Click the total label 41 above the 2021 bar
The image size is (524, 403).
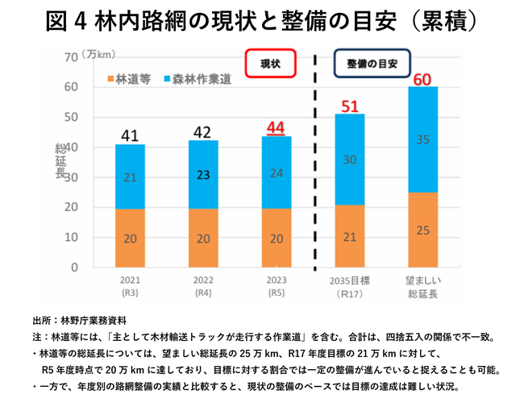131,134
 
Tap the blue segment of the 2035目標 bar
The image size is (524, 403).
349,160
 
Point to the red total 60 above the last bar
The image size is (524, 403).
422,79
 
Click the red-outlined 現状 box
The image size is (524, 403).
270,63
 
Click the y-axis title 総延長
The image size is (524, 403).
60,161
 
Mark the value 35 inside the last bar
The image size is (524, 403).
422,139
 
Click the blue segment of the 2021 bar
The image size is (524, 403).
131,177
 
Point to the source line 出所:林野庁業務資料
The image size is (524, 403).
80,320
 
